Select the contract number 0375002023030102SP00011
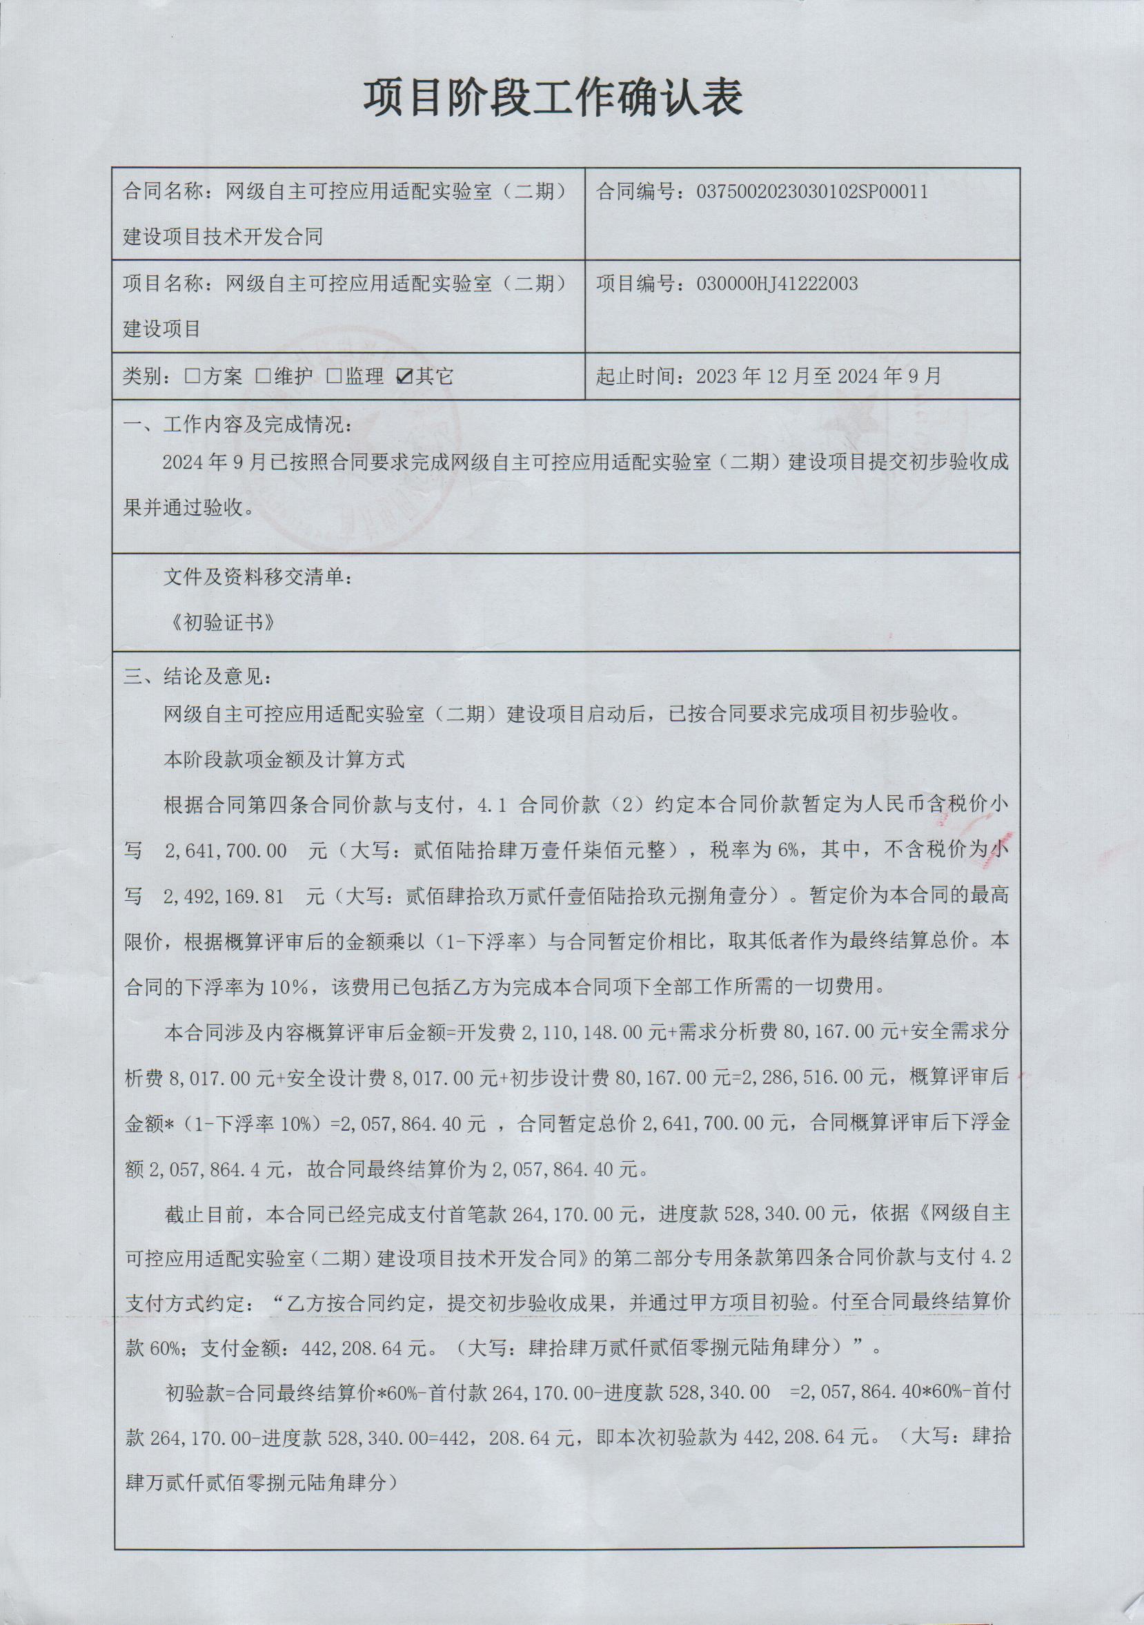pyautogui.click(x=811, y=192)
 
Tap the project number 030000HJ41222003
pyautogui.click(x=777, y=284)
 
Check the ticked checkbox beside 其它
pyautogui.click(x=406, y=376)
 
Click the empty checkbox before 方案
pyautogui.click(x=192, y=376)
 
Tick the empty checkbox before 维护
pyautogui.click(x=262, y=376)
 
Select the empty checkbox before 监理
pyautogui.click(x=334, y=376)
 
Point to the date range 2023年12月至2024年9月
pyautogui.click(x=818, y=376)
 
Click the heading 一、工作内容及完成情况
pyautogui.click(x=238, y=425)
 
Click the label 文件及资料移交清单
pyautogui.click(x=257, y=578)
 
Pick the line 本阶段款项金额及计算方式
pyautogui.click(x=284, y=760)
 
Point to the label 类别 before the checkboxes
pyautogui.click(x=142, y=376)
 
